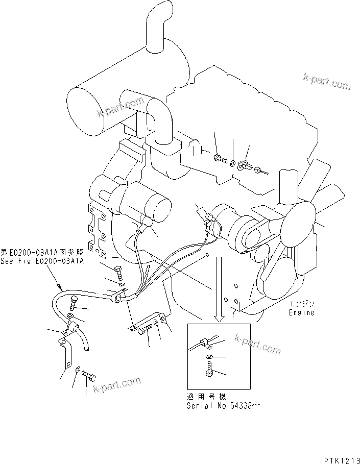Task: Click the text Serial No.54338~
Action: tap(224, 406)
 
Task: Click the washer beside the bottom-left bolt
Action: tap(77, 370)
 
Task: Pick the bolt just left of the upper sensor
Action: tap(221, 159)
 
